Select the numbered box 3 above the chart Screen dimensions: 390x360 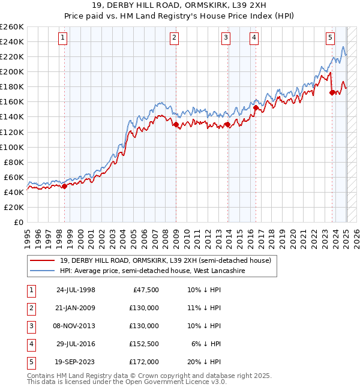226,38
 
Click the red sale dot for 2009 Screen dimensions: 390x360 176,125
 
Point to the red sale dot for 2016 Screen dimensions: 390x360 256,108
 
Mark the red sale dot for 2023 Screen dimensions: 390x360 332,92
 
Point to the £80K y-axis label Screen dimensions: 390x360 14,162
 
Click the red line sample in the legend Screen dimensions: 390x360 43,260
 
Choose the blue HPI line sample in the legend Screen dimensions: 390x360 43,271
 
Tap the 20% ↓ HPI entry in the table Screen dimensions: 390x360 204,362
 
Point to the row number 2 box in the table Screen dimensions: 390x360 30,308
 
